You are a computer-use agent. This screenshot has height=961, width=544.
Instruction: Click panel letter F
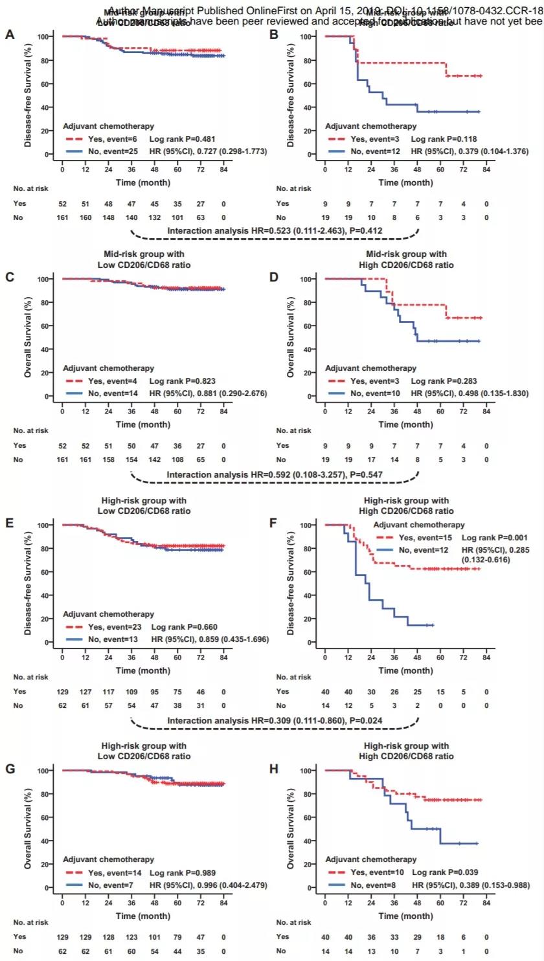click(x=274, y=519)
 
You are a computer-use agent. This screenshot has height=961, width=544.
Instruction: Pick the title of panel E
click(x=144, y=505)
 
